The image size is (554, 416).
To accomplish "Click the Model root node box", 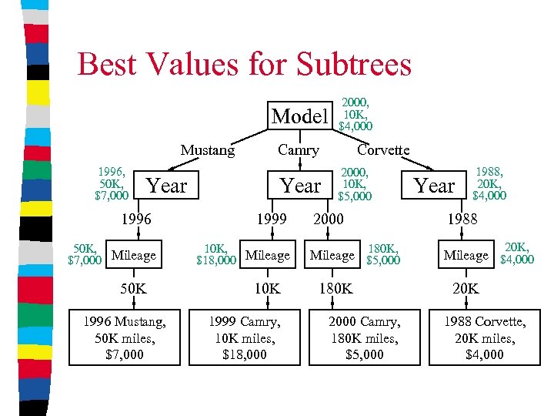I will coord(300,116).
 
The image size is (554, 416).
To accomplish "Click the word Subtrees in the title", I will coord(351,64).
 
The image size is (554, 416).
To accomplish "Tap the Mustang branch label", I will coord(208,150).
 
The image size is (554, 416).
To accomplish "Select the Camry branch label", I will coord(298,150).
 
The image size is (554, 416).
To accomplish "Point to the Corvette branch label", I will coord(383,150).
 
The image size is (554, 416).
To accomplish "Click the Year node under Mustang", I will coord(167,186).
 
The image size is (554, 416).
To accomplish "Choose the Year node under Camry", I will coord(301,186).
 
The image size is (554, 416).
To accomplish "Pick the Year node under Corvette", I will coord(435,186).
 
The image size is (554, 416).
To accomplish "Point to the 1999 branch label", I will coord(272,220).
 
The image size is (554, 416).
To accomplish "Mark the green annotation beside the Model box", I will coord(356,113).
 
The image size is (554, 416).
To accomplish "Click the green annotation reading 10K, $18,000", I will coord(216,255).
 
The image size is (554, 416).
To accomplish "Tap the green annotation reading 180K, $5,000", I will coord(383,254).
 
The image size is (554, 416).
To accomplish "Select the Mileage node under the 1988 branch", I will coord(466,255).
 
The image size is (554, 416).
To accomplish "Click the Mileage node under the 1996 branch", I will coord(134,255).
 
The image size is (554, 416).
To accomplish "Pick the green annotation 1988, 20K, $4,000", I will coord(489,185).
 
